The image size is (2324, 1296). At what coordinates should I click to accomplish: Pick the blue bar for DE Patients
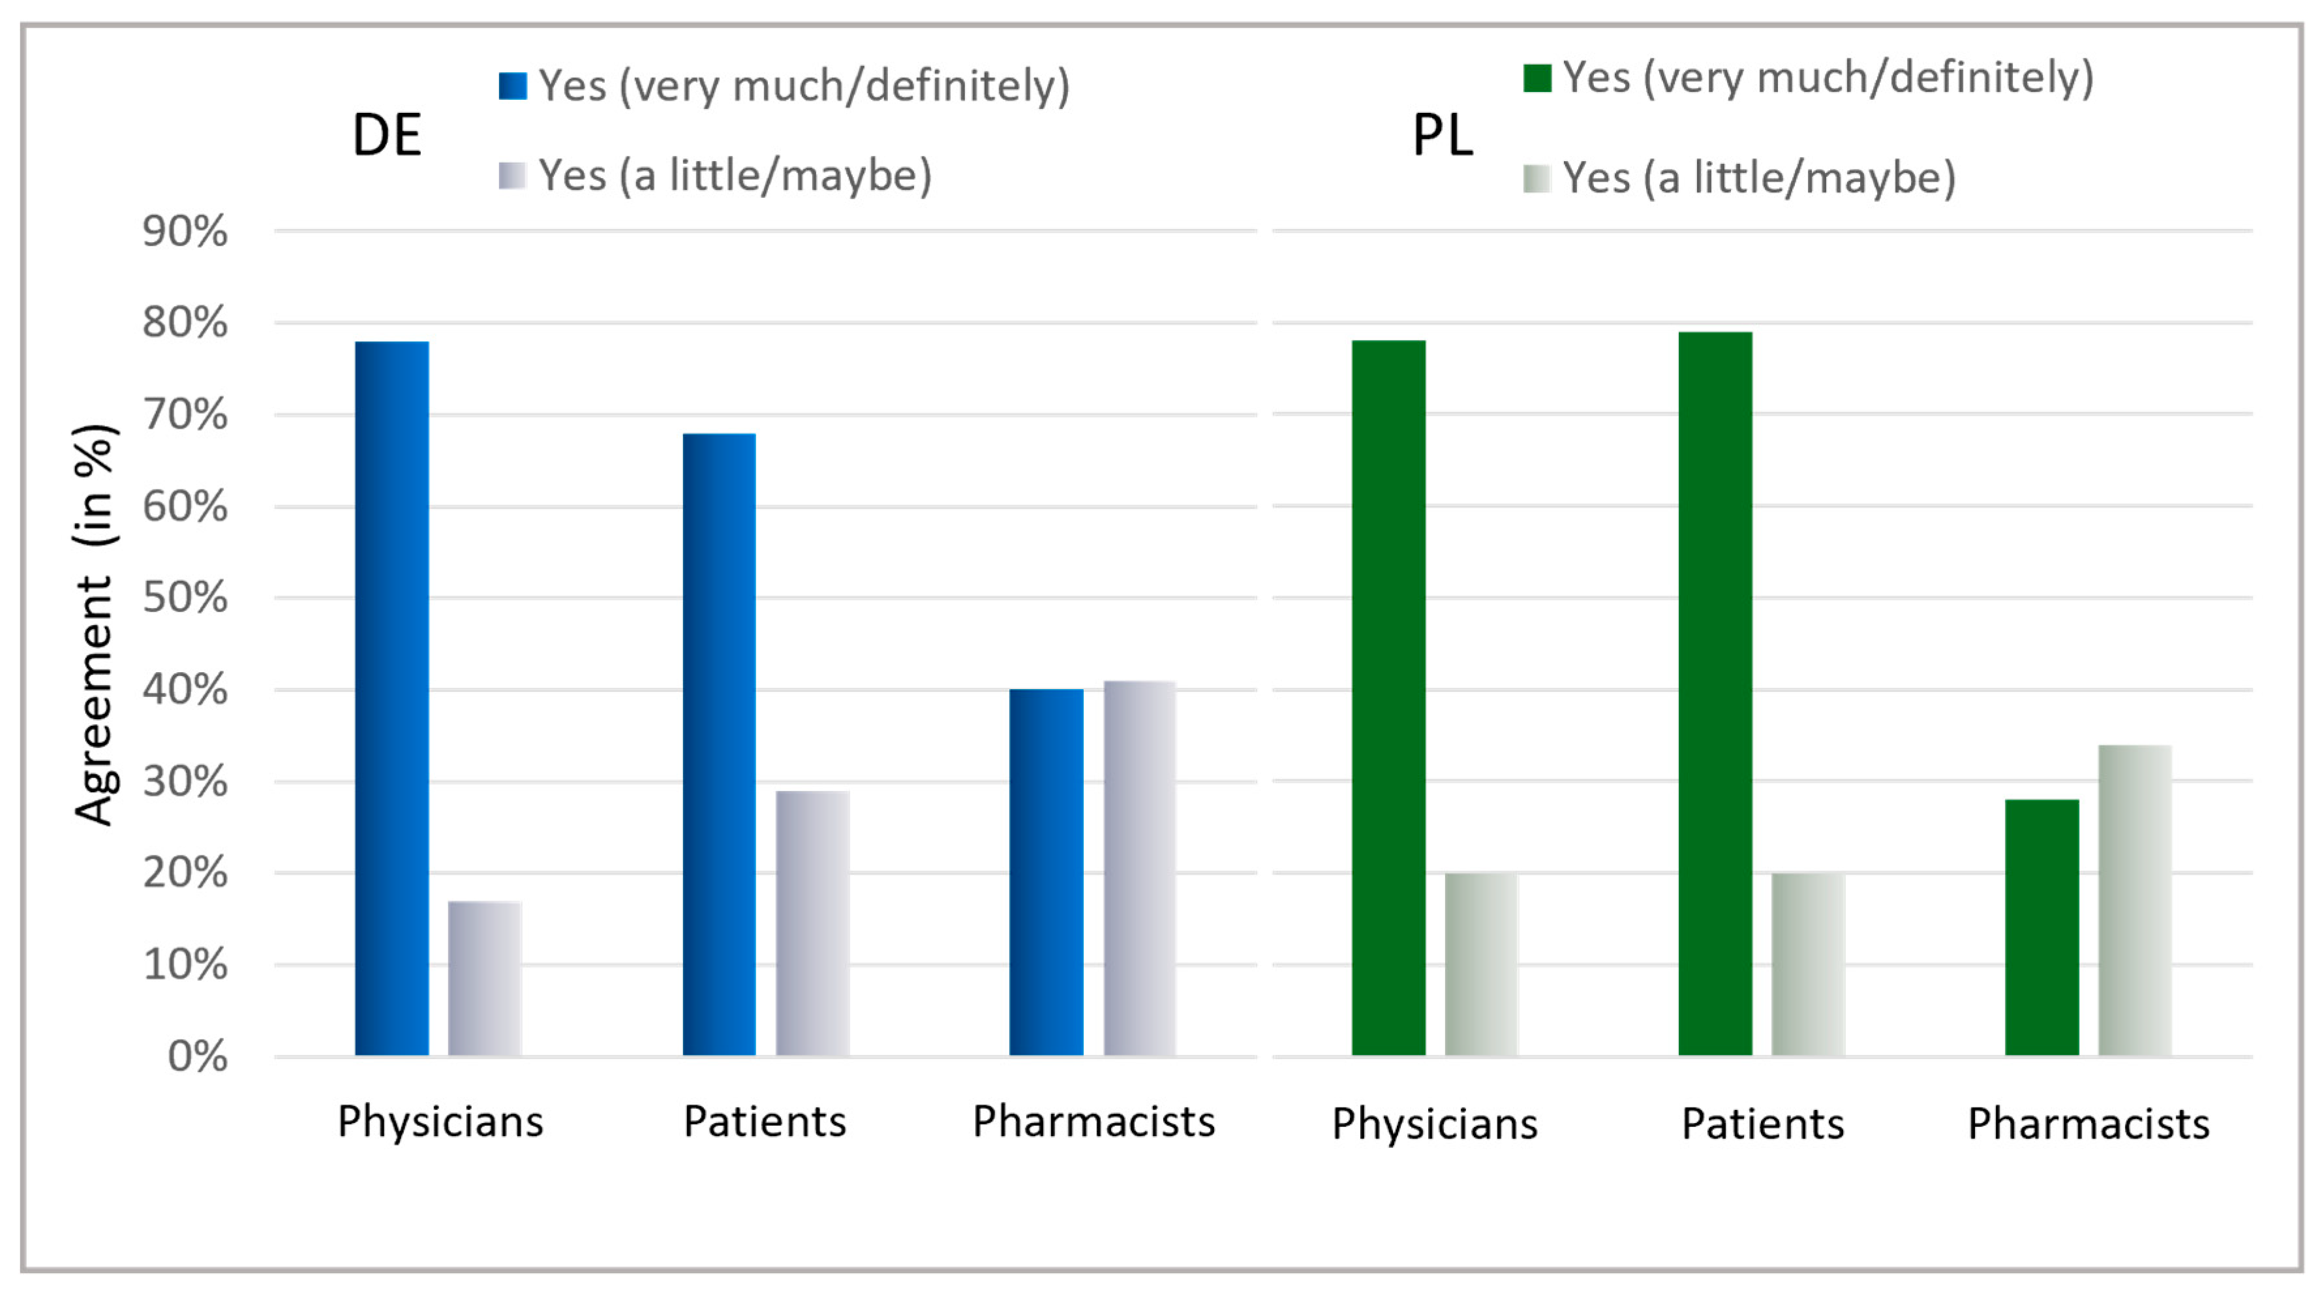click(719, 745)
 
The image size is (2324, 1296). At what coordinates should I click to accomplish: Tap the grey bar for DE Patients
click(812, 923)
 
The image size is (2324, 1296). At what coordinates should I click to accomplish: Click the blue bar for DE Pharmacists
click(1046, 872)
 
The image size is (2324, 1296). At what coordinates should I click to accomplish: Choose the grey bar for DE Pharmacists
click(1139, 868)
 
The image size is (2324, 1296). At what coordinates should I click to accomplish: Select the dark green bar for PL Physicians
click(1388, 698)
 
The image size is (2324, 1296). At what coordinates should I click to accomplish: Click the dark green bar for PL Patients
click(1715, 693)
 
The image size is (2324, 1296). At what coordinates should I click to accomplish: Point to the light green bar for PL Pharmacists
click(2135, 900)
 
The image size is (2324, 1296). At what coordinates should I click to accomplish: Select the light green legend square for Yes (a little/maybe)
click(1537, 179)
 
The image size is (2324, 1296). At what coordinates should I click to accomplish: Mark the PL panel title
click(1442, 136)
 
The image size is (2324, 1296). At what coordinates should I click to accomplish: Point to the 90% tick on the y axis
click(185, 232)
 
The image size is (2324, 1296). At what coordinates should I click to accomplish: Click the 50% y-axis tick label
click(185, 598)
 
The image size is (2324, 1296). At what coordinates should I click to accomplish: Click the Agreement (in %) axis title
click(94, 623)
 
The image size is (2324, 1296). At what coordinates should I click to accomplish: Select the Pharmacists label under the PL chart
click(2088, 1124)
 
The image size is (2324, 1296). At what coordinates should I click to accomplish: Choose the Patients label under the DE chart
click(764, 1122)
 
